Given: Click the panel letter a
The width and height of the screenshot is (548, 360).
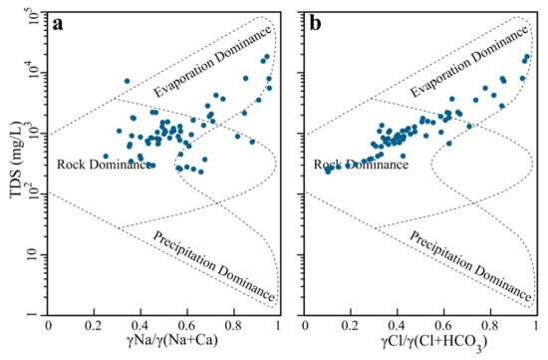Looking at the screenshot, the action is (58, 24).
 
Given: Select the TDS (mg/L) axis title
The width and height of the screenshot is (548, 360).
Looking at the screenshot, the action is (16, 161).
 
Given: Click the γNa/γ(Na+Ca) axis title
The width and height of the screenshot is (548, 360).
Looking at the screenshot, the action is (172, 340).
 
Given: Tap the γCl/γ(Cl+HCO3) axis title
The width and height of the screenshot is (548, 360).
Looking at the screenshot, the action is (433, 342).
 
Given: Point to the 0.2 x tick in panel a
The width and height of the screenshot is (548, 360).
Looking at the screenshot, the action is (94, 326).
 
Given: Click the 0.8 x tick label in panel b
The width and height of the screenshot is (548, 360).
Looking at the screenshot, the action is (490, 326).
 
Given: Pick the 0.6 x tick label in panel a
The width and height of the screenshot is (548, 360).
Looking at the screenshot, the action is (187, 326).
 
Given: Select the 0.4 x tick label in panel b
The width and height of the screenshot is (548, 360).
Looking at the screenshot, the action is (398, 326).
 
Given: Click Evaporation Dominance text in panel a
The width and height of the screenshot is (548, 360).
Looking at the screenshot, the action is (212, 61).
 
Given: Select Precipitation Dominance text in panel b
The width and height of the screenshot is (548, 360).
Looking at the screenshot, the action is (470, 266).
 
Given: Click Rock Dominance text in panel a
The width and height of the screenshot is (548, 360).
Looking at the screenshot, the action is (104, 165).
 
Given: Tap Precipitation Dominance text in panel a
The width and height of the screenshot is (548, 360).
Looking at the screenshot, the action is (213, 266).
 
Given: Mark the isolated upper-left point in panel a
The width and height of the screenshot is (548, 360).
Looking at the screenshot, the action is (127, 81).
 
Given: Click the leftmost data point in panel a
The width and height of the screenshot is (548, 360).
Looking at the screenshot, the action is (106, 156).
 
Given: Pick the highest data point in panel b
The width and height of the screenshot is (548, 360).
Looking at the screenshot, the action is (527, 56).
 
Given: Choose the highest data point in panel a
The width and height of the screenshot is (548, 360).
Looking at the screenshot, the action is (267, 56).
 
